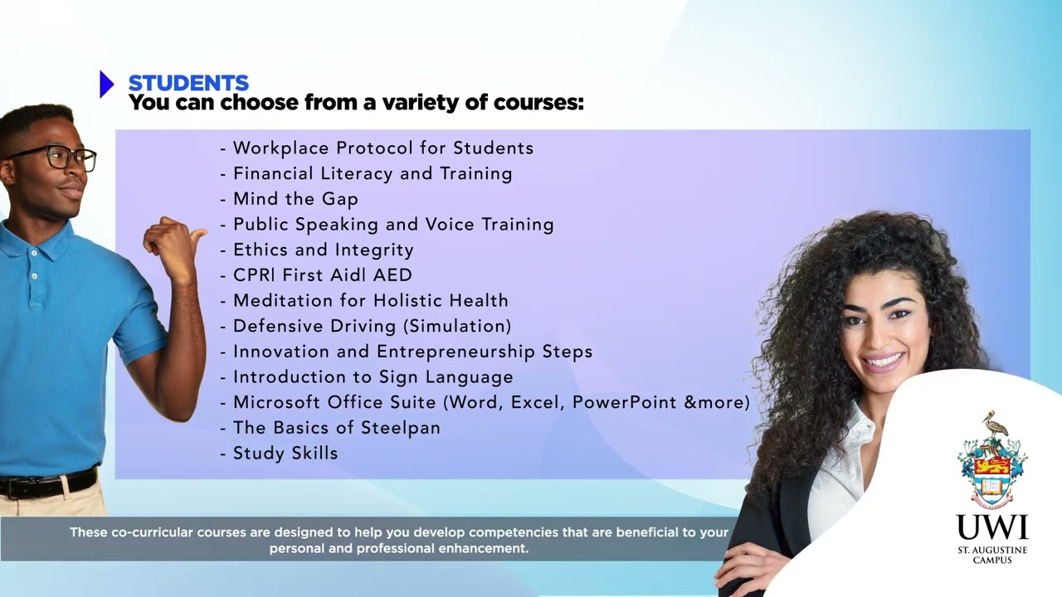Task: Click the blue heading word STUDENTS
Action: click(x=188, y=83)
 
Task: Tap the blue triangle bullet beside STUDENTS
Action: click(x=106, y=84)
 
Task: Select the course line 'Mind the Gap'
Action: click(x=295, y=199)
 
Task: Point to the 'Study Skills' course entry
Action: click(x=285, y=454)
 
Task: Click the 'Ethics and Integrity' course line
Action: click(x=323, y=250)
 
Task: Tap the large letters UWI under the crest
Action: click(x=992, y=527)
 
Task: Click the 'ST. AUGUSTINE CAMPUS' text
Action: click(x=992, y=555)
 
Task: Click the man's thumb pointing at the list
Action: click(x=197, y=235)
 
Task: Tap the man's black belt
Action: click(x=50, y=484)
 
